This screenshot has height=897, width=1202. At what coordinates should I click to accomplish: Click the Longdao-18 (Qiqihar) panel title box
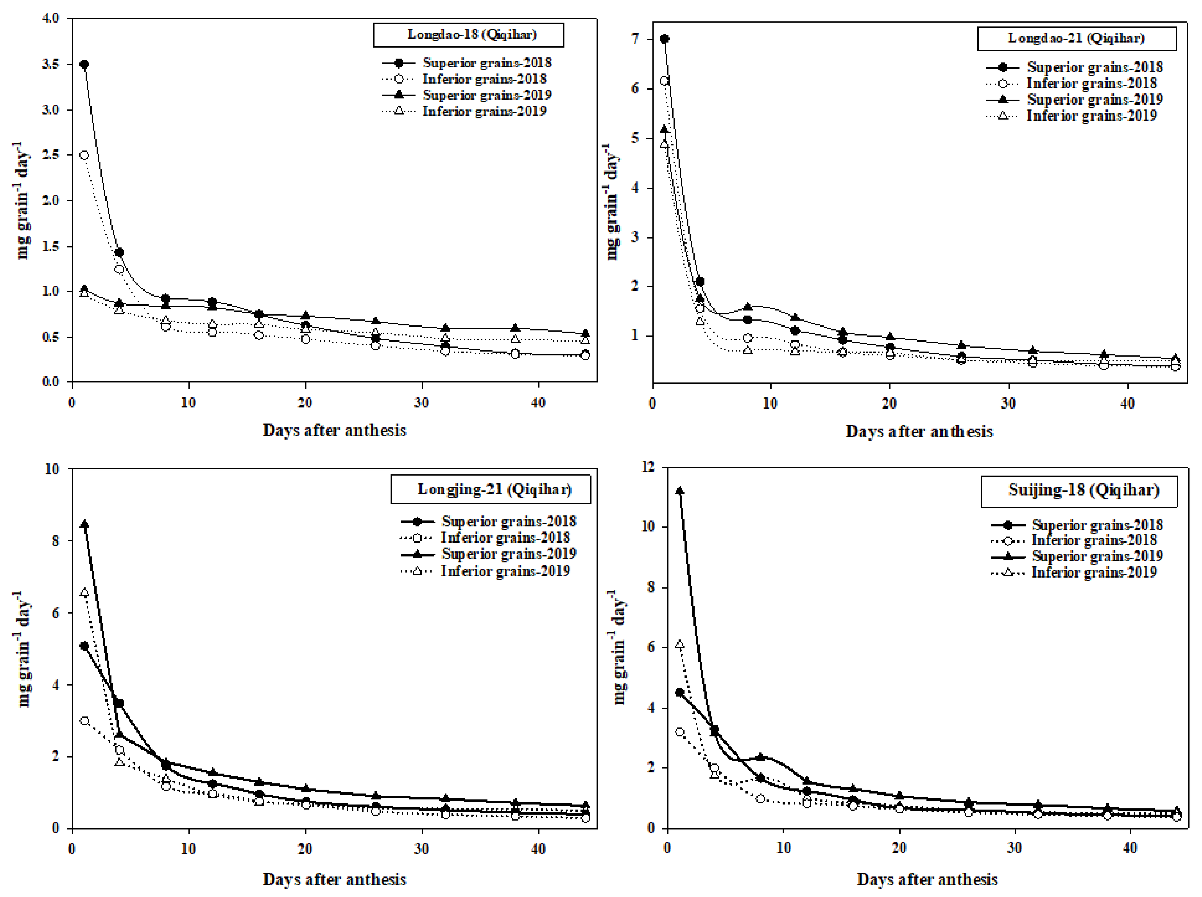click(468, 35)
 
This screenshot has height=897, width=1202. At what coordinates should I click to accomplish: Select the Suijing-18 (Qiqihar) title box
click(1079, 491)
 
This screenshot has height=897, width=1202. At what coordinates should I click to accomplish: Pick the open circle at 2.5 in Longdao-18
click(84, 155)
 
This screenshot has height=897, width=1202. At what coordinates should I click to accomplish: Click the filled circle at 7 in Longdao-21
click(664, 39)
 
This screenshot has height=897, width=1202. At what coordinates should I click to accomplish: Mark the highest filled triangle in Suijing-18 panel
click(679, 491)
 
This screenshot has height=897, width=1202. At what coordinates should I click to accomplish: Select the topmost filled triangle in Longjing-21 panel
click(84, 525)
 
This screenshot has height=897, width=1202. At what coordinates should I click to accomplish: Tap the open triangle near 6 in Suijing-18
click(679, 645)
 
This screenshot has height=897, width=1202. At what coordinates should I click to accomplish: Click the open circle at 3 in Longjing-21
click(84, 721)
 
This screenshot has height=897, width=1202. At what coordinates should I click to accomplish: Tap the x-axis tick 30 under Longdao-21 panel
click(1008, 403)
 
